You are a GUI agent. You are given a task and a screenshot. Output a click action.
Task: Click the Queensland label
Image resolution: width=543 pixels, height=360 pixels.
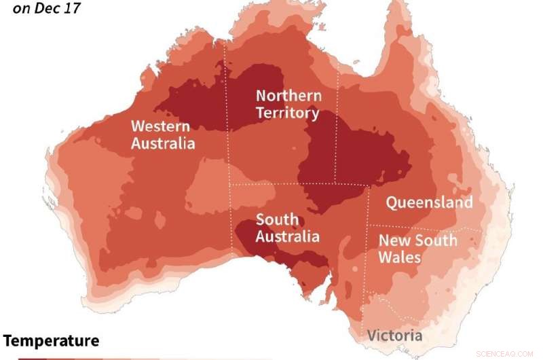[429, 202]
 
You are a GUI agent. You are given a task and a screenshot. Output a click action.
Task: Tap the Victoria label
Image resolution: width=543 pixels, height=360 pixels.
[394, 336]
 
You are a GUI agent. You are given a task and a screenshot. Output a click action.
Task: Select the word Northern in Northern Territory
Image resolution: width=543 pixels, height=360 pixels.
[288, 96]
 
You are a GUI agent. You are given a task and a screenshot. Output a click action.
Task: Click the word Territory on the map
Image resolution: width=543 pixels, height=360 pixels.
[287, 113]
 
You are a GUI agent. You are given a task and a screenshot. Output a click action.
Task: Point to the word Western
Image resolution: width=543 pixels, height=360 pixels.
[160, 126]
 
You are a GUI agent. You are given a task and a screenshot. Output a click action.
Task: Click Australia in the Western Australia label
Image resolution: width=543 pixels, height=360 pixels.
[163, 143]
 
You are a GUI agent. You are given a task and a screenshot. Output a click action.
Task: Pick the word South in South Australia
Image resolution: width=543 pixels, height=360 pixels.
[276, 219]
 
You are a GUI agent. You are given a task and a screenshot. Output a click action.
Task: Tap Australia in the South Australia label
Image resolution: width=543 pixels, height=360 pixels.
[287, 236]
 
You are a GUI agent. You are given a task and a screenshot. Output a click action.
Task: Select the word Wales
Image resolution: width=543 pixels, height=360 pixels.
[399, 257]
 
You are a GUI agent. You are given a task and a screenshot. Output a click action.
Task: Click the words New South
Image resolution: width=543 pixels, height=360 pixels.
[417, 240]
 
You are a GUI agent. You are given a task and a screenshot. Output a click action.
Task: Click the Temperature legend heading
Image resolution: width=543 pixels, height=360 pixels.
[52, 341]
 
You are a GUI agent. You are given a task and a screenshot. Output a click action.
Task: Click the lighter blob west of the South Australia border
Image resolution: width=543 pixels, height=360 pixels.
[207, 187]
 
